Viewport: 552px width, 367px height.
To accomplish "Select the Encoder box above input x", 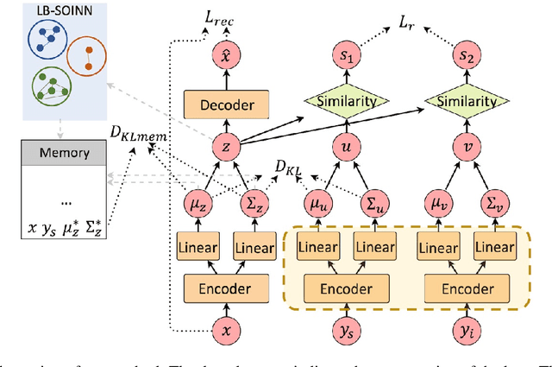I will pyautogui.click(x=228, y=288).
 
